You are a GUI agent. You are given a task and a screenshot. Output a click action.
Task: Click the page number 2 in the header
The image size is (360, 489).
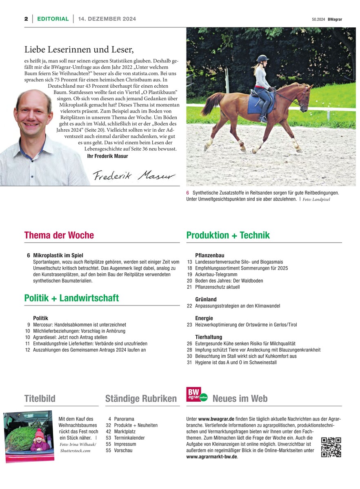coord(26,19)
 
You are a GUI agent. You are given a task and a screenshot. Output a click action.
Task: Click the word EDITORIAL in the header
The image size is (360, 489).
coord(53,19)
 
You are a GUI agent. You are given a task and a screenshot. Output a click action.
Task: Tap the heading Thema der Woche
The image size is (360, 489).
coord(59,235)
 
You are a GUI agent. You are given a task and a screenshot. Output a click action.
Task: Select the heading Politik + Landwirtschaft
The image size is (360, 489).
coord(71,298)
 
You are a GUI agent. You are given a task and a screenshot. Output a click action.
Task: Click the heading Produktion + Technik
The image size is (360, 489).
coord(228,235)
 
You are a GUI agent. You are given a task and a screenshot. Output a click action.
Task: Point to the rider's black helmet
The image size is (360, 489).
coord(262,59)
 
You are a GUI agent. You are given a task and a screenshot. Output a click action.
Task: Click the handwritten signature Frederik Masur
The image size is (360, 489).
coord(133,175)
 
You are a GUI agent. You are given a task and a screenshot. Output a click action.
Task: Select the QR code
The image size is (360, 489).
coord(331,447)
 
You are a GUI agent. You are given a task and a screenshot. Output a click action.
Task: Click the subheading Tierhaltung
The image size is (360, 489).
coord(209,337)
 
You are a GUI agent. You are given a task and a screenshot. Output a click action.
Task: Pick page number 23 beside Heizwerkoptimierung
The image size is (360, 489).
coord(189,325)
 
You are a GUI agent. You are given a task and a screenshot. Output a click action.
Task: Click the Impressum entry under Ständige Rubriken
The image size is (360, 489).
coord(125,444)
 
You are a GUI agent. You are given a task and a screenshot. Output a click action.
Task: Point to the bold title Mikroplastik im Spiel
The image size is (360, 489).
coord(58,256)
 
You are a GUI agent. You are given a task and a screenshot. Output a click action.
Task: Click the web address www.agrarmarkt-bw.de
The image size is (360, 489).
coord(211,457)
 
